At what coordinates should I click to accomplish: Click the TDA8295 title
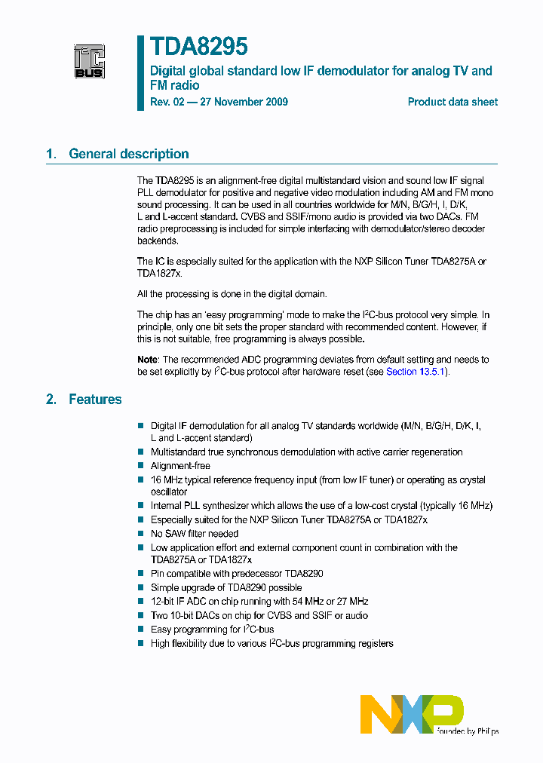[x=199, y=47]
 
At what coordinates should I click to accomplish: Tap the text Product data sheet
[x=452, y=102]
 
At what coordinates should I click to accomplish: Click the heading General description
[x=128, y=154]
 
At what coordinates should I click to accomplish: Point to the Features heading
[x=95, y=400]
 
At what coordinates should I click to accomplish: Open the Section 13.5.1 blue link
[x=416, y=372]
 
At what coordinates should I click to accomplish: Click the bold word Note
[x=148, y=360]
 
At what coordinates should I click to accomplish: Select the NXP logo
[x=411, y=714]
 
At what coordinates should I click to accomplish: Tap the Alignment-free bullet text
[x=180, y=466]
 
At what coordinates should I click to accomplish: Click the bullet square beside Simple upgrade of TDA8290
[x=140, y=588]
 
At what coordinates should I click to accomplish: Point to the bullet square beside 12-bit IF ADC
[x=140, y=602]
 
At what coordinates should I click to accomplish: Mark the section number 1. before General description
[x=51, y=154]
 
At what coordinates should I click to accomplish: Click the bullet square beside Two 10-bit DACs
[x=140, y=616]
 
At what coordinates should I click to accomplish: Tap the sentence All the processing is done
[x=232, y=294]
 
